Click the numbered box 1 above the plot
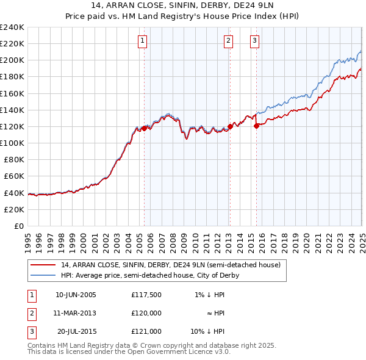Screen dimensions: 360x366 (x=143, y=41)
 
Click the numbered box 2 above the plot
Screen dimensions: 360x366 (x=228, y=41)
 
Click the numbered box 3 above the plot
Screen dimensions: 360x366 (x=254, y=41)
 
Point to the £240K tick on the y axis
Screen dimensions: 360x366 (x=12, y=27)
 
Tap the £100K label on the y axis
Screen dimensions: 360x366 (x=12, y=143)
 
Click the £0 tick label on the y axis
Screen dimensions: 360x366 (x=18, y=226)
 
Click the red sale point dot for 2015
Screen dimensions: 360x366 (x=257, y=126)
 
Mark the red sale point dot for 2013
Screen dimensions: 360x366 (x=230, y=126)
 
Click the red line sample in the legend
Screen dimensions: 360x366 (x=43, y=265)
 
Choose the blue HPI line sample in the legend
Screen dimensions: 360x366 (x=43, y=275)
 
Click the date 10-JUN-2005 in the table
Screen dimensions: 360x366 (x=76, y=295)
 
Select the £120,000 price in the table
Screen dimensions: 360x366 (x=146, y=313)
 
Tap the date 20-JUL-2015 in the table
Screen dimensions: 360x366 (x=77, y=331)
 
